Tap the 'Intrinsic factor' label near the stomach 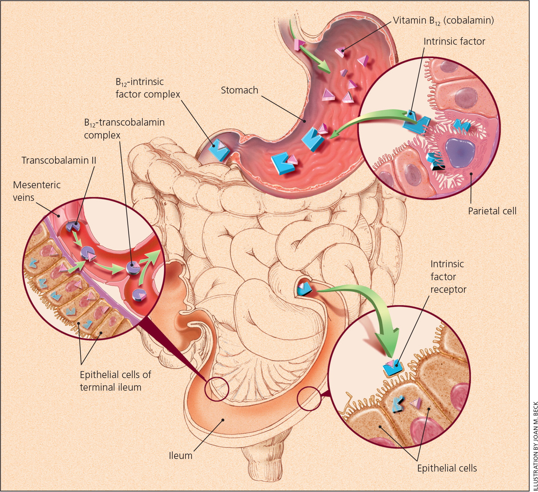pos(454,41)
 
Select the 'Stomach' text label pos(239,90)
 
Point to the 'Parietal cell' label pos(492,211)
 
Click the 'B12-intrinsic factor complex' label pos(148,88)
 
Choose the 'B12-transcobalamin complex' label pos(124,128)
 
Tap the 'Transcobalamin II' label pos(59,160)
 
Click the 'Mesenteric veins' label pos(37,191)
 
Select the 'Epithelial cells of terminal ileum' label pos(115,381)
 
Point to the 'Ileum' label pos(180,455)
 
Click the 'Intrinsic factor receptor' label pos(448,277)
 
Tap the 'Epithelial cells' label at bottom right pos(447,468)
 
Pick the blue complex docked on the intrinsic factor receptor pos(392,367)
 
